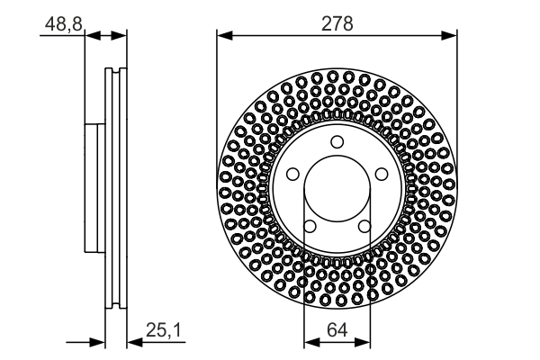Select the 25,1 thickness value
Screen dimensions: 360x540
pos(163,331)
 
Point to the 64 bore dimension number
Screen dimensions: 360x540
pos(337,331)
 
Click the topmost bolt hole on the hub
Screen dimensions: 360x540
pos(337,141)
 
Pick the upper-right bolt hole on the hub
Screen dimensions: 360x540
pos(381,174)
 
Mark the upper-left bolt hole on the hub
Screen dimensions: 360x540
pos(292,174)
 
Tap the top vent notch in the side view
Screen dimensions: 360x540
pos(112,72)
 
